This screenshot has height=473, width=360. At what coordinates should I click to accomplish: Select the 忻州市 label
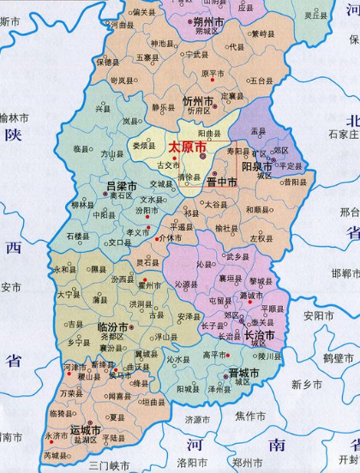pyautogui.click(x=197, y=101)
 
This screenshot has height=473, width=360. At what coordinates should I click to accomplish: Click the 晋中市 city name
pyautogui.click(x=221, y=182)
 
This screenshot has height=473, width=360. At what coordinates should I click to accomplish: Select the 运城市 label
pyautogui.click(x=86, y=429)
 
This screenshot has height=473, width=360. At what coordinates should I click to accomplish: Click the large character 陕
pyautogui.click(x=12, y=135)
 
